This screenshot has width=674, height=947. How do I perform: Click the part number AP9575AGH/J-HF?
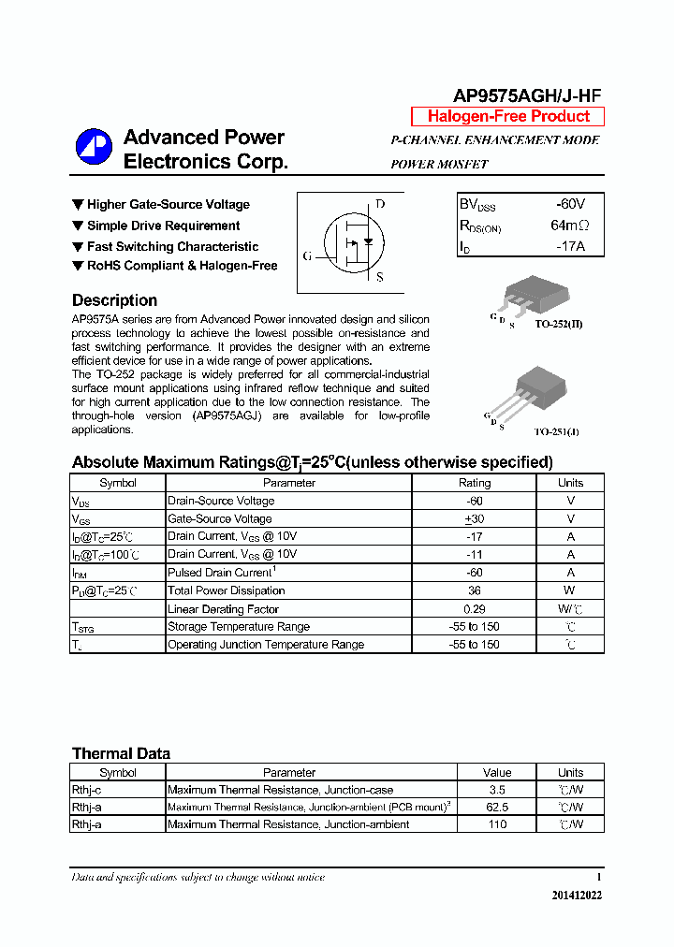pyautogui.click(x=527, y=95)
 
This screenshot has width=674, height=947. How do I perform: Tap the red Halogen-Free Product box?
pyautogui.click(x=508, y=116)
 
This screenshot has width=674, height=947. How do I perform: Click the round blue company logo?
pyautogui.click(x=94, y=147)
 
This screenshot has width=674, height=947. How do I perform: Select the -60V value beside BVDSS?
pyautogui.click(x=569, y=204)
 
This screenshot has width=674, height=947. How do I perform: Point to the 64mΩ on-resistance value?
pyautogui.click(x=569, y=226)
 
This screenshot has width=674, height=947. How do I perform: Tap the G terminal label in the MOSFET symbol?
pyautogui.click(x=307, y=255)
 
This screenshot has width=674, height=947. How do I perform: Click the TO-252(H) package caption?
pyautogui.click(x=559, y=324)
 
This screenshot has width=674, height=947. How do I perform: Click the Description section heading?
pyautogui.click(x=114, y=300)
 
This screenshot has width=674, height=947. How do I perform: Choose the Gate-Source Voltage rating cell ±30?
pyautogui.click(x=474, y=518)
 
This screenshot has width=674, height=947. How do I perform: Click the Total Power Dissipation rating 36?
pyautogui.click(x=474, y=590)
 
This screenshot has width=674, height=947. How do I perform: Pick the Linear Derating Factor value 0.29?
pyautogui.click(x=474, y=608)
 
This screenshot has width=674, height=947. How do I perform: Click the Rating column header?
pyautogui.click(x=474, y=483)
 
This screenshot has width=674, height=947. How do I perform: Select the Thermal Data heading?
pyautogui.click(x=121, y=753)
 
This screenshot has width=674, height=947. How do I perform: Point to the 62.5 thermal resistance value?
pyautogui.click(x=497, y=807)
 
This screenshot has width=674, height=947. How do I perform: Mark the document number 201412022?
pyautogui.click(x=577, y=896)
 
